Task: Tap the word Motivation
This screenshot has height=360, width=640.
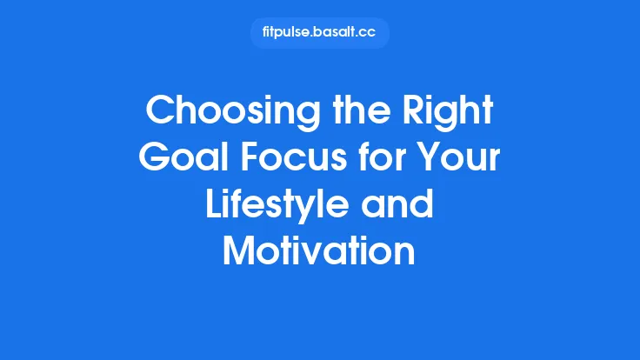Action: coord(319,251)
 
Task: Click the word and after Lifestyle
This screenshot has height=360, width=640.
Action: coord(403,205)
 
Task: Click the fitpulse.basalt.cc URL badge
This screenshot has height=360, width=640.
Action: coord(319,33)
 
